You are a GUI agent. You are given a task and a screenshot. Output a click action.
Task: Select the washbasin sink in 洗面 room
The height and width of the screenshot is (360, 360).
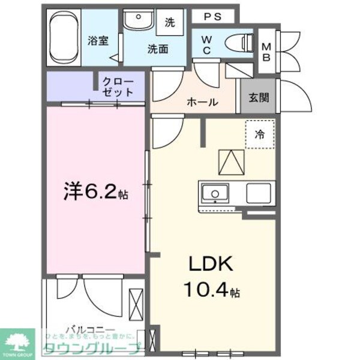[139, 22]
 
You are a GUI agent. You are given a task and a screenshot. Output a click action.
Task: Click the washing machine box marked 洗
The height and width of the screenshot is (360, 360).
[170, 23]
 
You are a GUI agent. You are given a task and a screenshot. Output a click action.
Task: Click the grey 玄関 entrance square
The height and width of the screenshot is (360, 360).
[259, 97]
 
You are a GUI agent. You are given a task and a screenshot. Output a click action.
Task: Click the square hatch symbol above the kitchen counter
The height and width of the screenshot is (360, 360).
[230, 160]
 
